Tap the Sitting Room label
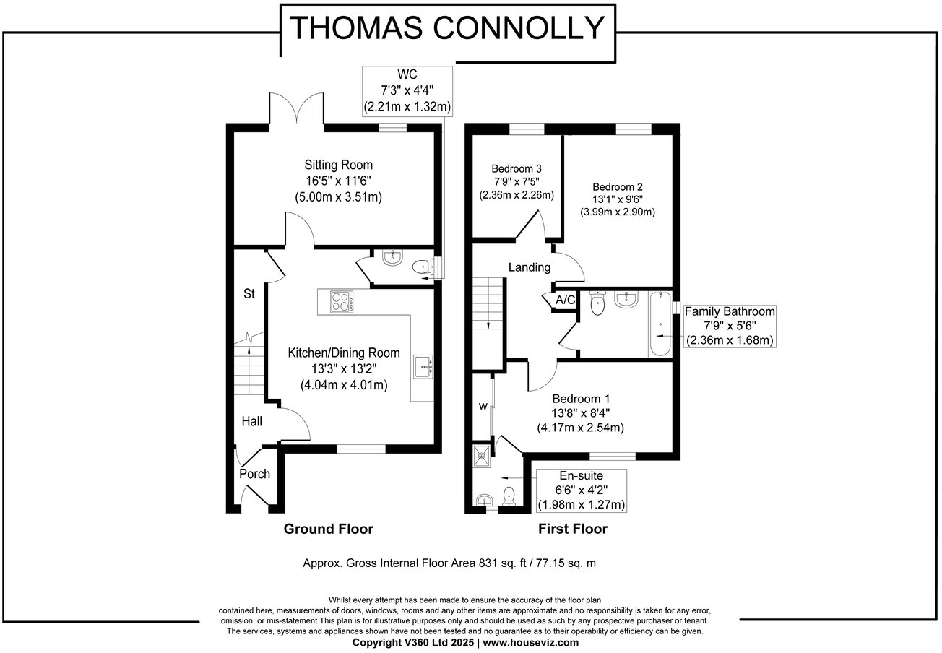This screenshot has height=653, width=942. (338, 165)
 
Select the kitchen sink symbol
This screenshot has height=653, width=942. (423, 368)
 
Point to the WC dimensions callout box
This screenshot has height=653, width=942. (407, 91)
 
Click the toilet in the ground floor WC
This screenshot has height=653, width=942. (421, 267)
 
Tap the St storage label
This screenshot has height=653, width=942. (249, 295)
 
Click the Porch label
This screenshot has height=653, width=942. (254, 474)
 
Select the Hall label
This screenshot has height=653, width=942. (252, 421)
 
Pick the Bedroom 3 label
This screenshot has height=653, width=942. (516, 168)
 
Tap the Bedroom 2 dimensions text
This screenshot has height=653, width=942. (617, 206)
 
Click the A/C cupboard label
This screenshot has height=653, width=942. (565, 300)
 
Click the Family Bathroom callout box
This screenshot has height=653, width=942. (730, 326)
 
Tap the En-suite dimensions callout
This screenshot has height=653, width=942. (582, 490)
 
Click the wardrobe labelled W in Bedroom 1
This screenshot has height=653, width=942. (483, 406)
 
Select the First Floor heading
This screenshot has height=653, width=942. (572, 529)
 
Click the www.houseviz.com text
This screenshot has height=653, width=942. (530, 642)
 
